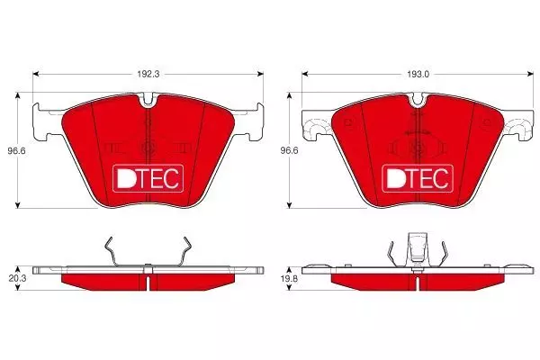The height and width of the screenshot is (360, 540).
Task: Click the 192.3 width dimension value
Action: [148, 74]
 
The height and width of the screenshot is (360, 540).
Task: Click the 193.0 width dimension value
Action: [418, 74]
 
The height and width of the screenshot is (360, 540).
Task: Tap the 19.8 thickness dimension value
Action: [289, 279]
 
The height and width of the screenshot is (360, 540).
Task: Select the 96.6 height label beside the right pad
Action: [289, 151]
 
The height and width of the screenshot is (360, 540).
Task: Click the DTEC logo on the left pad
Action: [148, 178]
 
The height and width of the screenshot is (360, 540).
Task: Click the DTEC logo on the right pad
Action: [418, 178]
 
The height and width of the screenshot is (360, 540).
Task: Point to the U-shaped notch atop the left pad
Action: [148, 102]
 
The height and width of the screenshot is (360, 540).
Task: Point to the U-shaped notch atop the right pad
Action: [418, 102]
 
